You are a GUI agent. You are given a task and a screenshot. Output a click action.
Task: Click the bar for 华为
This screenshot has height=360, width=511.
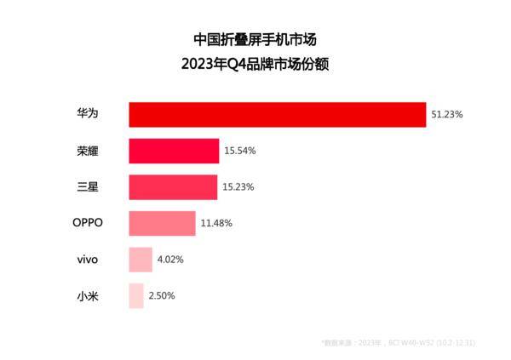(277, 114)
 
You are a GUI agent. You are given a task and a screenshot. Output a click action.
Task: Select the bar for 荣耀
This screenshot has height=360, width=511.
(174, 151)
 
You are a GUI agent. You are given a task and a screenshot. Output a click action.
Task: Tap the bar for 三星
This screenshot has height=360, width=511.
(173, 186)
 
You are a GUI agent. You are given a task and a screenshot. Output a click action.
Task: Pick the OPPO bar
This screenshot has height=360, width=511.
(162, 223)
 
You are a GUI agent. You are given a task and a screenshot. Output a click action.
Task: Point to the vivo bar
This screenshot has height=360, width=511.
(141, 260)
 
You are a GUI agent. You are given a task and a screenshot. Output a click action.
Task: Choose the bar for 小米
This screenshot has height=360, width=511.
(136, 295)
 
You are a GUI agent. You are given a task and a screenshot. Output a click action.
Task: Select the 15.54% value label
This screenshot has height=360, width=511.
(240, 151)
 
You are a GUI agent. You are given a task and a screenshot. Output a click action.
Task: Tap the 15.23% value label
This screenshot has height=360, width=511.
(238, 186)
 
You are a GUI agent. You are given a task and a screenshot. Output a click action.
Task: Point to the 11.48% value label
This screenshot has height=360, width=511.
(216, 223)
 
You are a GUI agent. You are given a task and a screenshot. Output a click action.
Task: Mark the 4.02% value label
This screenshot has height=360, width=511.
(169, 260)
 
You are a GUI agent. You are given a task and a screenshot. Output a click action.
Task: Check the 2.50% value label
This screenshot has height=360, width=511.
(162, 295)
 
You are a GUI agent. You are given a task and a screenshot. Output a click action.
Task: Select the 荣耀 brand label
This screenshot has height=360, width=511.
(85, 151)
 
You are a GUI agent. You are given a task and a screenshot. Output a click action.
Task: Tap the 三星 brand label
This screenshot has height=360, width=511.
(85, 186)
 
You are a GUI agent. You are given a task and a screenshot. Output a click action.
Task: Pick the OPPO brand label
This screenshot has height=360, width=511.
(88, 223)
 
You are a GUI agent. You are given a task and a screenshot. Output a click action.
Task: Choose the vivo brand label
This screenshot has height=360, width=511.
(89, 260)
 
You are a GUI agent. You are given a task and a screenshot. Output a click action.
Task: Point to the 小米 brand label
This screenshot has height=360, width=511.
(85, 295)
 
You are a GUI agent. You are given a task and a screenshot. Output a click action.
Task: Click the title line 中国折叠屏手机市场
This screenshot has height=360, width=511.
(255, 39)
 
